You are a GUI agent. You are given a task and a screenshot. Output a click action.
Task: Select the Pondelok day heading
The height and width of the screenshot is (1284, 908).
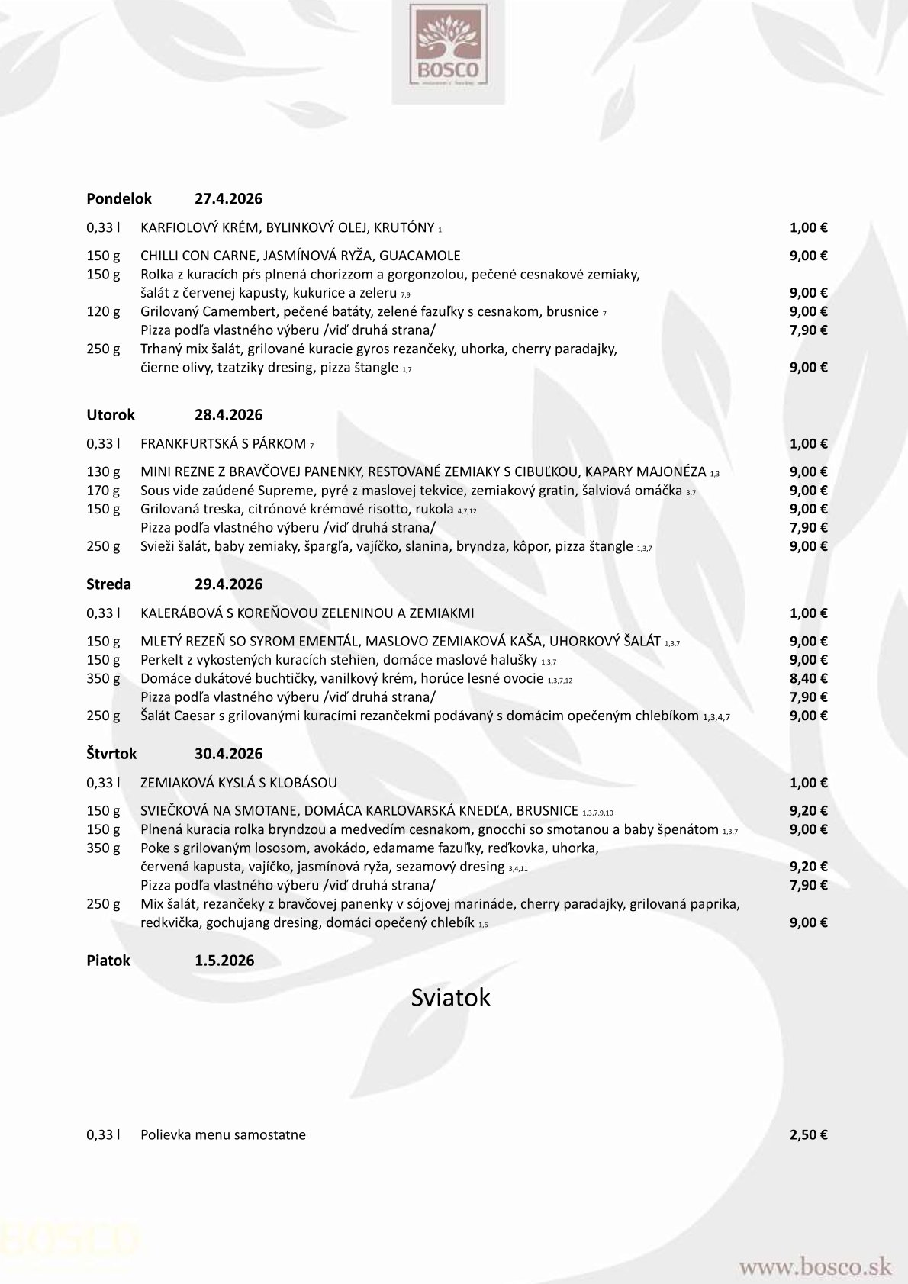pos(119,199)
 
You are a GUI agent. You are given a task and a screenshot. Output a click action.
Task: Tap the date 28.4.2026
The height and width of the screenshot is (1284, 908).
pos(228,415)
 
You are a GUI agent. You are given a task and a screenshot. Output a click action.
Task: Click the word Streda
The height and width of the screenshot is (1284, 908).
pos(108,584)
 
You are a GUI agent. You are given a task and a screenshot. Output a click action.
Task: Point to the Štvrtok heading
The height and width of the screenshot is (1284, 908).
pos(111,754)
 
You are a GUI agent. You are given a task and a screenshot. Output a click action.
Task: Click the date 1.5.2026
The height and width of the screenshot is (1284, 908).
pos(224,961)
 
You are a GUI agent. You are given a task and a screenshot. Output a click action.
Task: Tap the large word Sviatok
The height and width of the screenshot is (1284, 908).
pos(450,997)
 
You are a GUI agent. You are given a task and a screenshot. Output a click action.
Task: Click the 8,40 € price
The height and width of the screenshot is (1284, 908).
pos(808,678)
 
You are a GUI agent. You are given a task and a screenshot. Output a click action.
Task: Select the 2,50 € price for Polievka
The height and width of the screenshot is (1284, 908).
pos(808,1134)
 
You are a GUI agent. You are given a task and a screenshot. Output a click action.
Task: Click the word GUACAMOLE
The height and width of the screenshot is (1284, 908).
pos(424,256)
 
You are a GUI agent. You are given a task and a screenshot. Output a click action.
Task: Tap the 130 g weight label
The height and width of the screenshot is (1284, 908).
pos(103,471)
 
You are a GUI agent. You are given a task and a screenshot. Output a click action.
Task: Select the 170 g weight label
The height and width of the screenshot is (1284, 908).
pos(103,490)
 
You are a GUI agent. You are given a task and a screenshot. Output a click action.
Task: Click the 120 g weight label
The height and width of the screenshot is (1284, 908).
pos(103,311)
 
